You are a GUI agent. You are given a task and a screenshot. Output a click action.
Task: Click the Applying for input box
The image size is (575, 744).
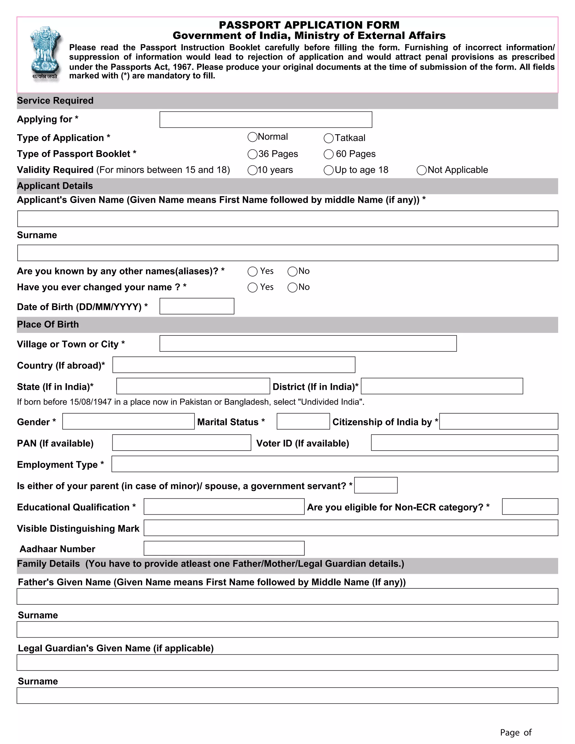(x=266, y=120)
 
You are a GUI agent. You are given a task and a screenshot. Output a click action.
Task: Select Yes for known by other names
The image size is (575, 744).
(x=252, y=271)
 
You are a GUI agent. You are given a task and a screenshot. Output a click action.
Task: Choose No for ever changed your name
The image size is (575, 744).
(x=292, y=287)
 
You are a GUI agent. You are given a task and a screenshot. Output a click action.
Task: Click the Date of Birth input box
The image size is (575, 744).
(x=197, y=306)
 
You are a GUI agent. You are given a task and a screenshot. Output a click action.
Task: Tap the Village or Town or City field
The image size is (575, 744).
(x=308, y=343)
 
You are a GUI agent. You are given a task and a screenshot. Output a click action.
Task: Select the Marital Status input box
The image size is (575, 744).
(x=303, y=421)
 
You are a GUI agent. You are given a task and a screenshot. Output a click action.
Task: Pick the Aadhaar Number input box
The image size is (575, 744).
(x=224, y=548)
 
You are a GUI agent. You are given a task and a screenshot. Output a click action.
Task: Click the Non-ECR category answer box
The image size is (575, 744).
(x=530, y=506)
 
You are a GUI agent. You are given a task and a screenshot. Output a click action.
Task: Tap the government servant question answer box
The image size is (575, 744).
(x=375, y=485)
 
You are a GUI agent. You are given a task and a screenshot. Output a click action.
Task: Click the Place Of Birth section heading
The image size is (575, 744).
(x=48, y=324)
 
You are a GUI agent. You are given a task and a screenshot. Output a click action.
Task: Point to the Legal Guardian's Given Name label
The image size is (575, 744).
(x=116, y=648)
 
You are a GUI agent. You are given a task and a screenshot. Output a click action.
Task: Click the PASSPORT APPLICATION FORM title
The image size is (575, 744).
(x=309, y=25)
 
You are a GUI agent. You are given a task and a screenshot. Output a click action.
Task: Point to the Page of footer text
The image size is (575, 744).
(x=515, y=732)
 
